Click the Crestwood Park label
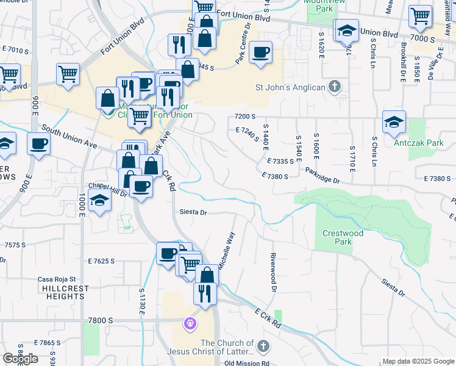pos(343,237)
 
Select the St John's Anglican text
pos(290,87)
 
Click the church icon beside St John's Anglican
pos(334,87)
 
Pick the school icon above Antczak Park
pos(394,122)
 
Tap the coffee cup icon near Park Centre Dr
pos(261,52)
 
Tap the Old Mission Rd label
pos(246,363)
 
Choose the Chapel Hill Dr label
pos(107,189)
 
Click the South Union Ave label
pos(70,137)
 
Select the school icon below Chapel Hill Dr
pos(99,201)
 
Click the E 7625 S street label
pos(101,261)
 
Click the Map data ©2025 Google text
pos(418,361)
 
